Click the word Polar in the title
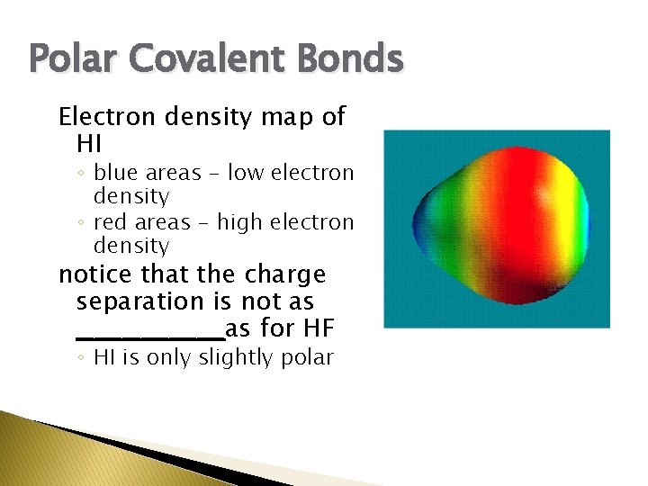[67, 59]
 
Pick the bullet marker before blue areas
[81, 173]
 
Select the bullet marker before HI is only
[81, 358]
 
